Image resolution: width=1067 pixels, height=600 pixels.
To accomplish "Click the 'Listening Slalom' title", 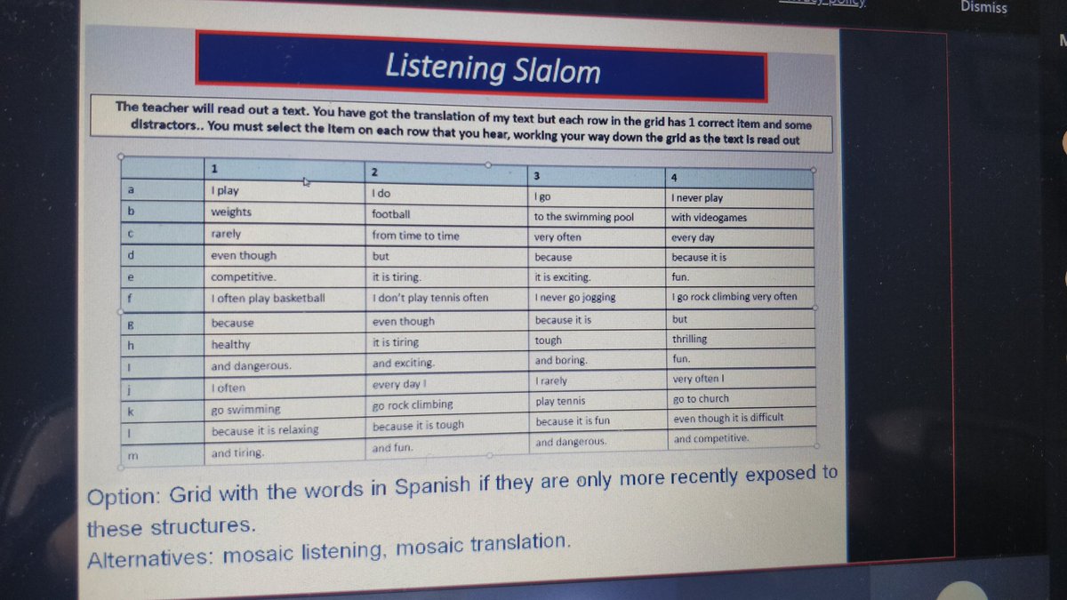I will pos(493,68).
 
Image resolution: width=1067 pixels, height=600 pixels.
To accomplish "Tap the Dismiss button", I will pos(983,7).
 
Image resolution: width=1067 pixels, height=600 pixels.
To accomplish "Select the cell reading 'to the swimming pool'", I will pos(583,216).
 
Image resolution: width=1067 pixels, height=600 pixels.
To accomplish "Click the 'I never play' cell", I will pos(697,197).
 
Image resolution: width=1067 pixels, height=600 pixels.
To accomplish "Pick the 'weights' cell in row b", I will pos(231,212).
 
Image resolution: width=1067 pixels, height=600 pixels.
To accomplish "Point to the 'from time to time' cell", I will pos(415,236).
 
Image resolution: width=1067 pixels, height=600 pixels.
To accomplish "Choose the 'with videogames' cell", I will pos(709,218).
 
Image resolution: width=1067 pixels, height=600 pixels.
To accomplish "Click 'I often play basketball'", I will pos(268,299).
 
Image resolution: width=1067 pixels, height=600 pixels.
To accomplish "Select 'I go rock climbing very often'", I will pos(734,297).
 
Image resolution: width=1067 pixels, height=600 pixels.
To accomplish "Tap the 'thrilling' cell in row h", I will pos(690,339).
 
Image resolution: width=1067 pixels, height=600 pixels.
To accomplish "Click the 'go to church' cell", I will pos(701,399).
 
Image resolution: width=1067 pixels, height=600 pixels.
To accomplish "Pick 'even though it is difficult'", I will pos(728,419).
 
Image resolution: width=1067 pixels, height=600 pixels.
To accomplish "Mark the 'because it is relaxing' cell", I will pos(264,430).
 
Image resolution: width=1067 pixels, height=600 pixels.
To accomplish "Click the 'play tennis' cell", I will pos(560,401).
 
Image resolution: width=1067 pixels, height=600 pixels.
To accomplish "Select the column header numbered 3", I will pos(537,175).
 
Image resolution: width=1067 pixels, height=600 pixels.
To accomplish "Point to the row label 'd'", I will pos(132,255).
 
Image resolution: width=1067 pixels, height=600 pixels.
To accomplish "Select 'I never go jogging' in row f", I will pos(575,298).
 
